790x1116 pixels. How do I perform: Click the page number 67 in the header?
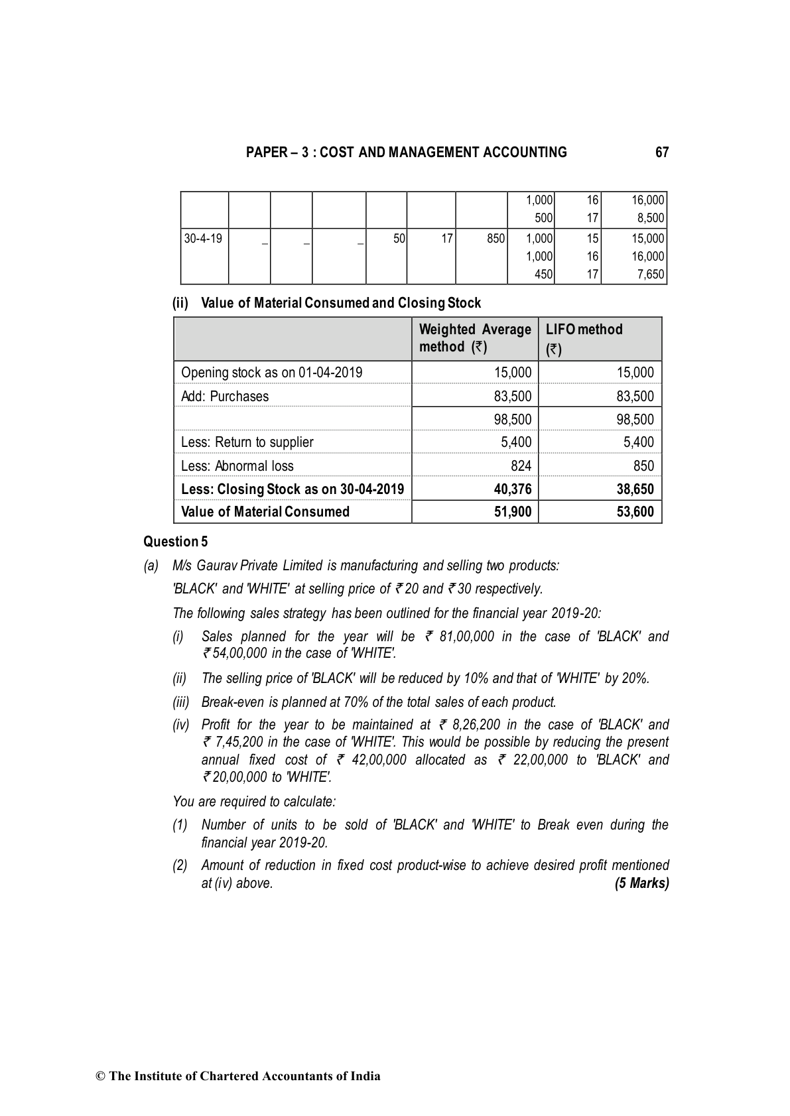point(661,153)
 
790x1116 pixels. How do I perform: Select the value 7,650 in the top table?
point(650,275)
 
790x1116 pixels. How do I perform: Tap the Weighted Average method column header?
point(475,338)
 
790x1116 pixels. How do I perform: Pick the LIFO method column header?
point(584,338)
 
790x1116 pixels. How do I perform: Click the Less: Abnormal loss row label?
point(237,466)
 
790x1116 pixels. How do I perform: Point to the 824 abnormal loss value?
point(521,466)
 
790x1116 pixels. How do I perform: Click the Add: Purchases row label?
point(225,397)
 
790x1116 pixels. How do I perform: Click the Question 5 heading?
point(175,542)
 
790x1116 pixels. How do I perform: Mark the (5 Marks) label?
point(641,883)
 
